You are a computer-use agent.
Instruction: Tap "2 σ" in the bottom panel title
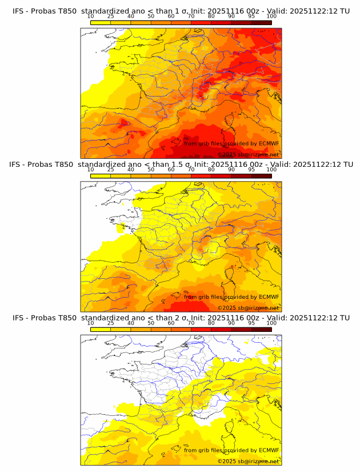pyautogui.click(x=183, y=318)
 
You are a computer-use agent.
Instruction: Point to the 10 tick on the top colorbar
pyautogui.click(x=90, y=17)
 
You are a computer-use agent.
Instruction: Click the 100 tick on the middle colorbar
pyautogui.click(x=271, y=170)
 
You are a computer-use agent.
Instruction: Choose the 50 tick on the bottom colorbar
pyautogui.click(x=151, y=323)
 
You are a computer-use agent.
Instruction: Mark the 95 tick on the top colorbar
pyautogui.click(x=251, y=17)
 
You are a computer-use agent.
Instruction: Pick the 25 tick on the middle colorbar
pyautogui.click(x=110, y=170)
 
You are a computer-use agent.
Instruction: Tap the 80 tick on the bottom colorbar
pyautogui.click(x=211, y=323)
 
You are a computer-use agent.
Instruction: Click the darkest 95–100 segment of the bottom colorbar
pyautogui.click(x=261, y=329)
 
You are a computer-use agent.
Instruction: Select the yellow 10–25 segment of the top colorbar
pyautogui.click(x=101, y=22)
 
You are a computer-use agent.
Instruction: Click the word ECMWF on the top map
pyautogui.click(x=269, y=143)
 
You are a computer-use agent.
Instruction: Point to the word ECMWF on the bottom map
pyautogui.click(x=269, y=450)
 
